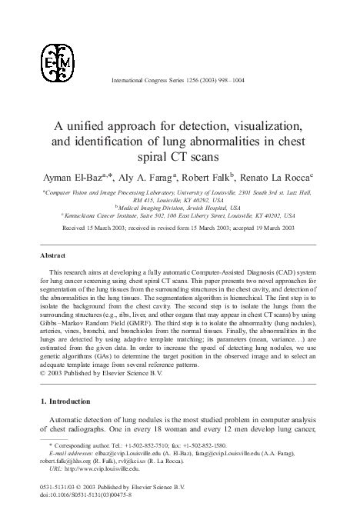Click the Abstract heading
pos(55,255)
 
